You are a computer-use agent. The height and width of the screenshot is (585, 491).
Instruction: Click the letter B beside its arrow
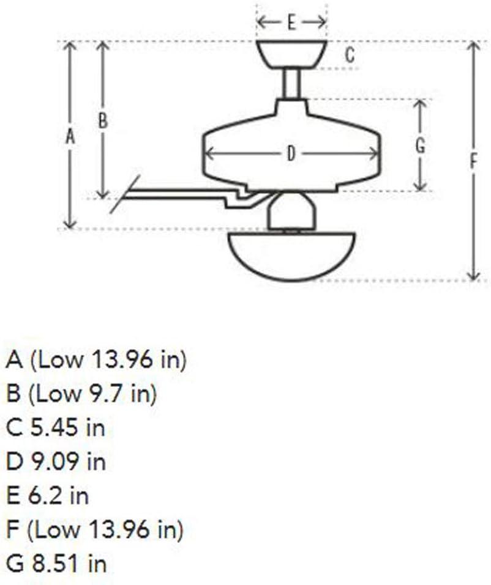coord(103,121)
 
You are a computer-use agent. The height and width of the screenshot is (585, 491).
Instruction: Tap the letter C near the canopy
coord(349,55)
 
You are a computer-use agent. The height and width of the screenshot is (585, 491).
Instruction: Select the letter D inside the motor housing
coord(291,154)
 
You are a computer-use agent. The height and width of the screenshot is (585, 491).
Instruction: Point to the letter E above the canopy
coord(291,23)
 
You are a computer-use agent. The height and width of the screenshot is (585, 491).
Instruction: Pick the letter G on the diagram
coord(420,146)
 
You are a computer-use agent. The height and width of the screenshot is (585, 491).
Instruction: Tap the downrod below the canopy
coord(291,84)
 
